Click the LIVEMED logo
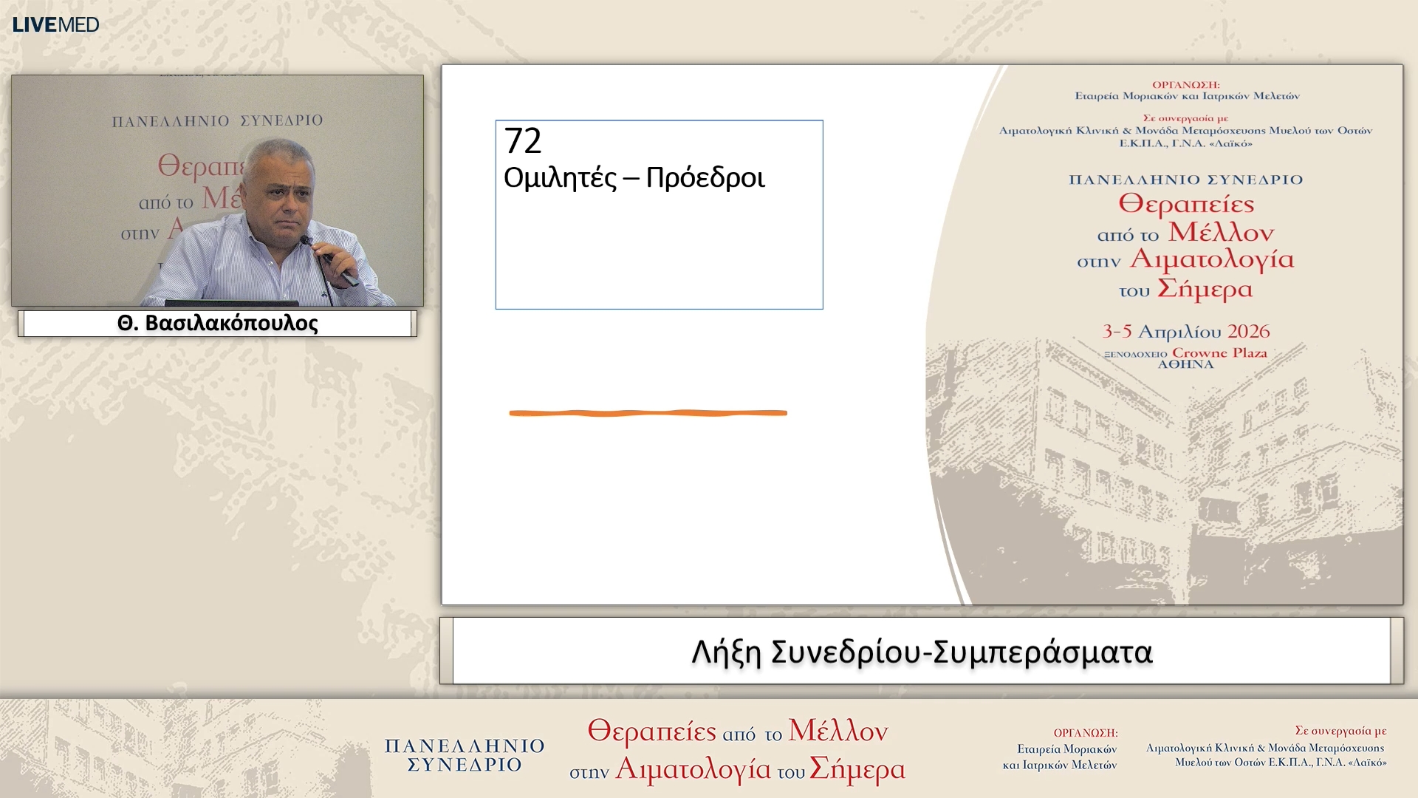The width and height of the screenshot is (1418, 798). click(x=55, y=24)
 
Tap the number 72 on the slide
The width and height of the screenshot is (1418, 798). click(x=523, y=140)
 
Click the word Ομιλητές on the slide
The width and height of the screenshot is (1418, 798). click(x=559, y=178)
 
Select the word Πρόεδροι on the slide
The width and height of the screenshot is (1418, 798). click(x=705, y=178)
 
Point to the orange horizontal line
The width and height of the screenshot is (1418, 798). click(x=648, y=413)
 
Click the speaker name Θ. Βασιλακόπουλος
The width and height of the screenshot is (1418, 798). click(x=217, y=324)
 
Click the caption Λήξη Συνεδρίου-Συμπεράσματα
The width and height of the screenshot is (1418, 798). click(x=921, y=652)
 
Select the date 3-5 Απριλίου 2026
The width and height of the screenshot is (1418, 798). click(x=1185, y=332)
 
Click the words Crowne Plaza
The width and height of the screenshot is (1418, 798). click(x=1219, y=352)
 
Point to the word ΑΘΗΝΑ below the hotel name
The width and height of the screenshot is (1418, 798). click(x=1185, y=364)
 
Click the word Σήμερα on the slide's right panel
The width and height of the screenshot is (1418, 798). click(x=1205, y=289)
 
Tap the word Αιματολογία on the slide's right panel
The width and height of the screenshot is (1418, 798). click(x=1212, y=259)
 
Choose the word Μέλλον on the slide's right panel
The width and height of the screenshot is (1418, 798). click(x=1221, y=233)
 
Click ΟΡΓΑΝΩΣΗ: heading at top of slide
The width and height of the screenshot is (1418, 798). click(x=1185, y=85)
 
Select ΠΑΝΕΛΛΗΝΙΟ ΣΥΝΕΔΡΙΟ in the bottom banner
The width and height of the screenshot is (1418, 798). click(x=465, y=755)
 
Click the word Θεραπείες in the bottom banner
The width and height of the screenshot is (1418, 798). click(x=651, y=731)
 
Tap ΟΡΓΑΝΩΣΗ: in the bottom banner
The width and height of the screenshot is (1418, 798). click(x=1085, y=733)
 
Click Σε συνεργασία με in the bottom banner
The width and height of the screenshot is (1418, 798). click(x=1340, y=731)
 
